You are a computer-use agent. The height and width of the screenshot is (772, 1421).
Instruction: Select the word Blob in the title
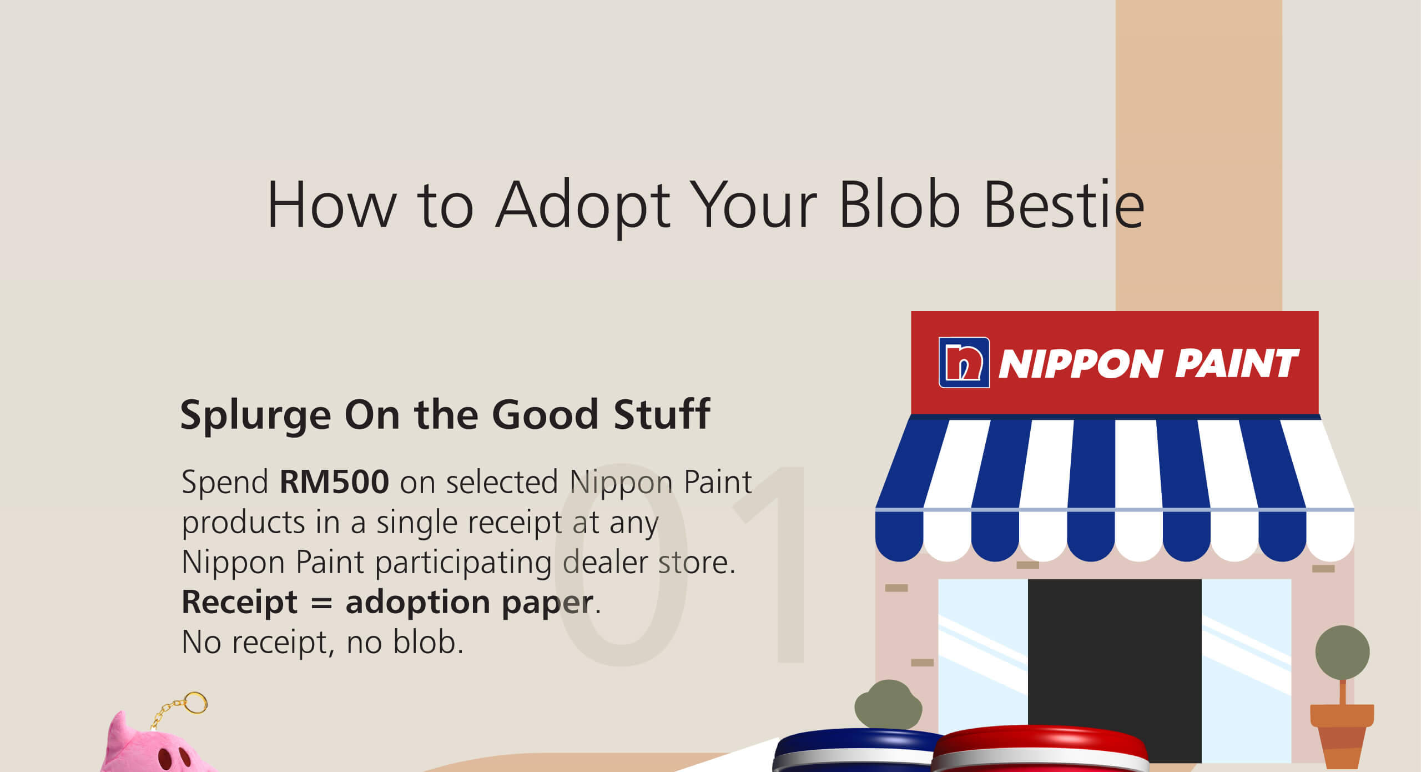(899, 203)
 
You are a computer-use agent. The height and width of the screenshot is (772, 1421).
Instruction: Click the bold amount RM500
(334, 482)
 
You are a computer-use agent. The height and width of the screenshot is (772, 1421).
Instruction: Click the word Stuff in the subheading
(662, 414)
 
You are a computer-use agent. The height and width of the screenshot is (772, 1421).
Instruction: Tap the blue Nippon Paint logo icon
(964, 363)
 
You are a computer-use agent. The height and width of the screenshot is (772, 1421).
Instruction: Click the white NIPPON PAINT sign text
(1148, 364)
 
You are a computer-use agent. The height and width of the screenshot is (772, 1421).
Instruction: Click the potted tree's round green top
(1342, 652)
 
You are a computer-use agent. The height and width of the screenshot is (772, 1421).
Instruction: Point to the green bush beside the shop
(888, 704)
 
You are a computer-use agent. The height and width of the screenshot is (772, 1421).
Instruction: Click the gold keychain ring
(195, 703)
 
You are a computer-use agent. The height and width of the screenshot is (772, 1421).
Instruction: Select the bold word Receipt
(240, 602)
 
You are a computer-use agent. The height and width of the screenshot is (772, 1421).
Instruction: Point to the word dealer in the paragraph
(604, 562)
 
